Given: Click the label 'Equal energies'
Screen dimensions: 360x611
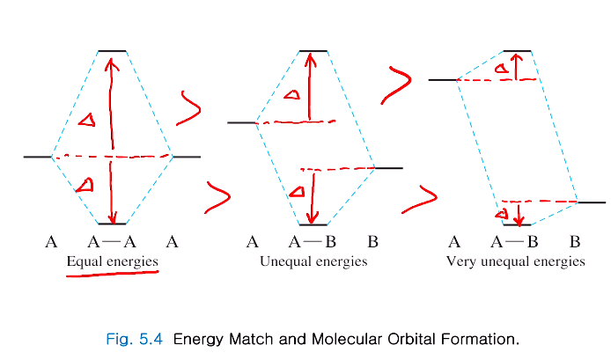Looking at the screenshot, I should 112,261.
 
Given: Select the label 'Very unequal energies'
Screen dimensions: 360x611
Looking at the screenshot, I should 515,261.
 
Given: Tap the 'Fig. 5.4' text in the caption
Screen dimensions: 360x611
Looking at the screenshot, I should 132,338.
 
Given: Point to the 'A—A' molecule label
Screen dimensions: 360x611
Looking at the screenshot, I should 112,241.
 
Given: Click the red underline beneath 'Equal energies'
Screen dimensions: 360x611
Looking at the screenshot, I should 112,275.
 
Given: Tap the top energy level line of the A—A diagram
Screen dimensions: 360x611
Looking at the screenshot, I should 112,52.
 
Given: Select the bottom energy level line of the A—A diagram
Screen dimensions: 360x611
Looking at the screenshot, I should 112,224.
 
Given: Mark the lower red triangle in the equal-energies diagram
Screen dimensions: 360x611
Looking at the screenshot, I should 85,185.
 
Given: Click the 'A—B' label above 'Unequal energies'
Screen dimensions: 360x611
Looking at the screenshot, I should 313,241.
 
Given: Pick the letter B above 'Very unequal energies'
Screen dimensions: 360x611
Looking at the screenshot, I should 574,241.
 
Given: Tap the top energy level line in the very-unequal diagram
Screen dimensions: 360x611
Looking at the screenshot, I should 517,52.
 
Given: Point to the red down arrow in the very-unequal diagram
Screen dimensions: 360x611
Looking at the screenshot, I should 519,214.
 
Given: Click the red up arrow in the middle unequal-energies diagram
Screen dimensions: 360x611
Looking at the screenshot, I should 310,85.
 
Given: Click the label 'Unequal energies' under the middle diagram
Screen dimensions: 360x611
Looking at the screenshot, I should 313,261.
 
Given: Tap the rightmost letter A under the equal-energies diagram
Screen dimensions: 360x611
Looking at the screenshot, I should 173,241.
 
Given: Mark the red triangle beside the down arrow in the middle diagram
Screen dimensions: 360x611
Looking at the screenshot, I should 297,191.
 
